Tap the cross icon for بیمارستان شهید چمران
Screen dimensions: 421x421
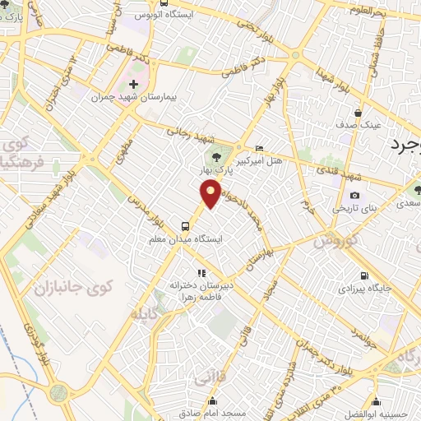[x=134, y=85]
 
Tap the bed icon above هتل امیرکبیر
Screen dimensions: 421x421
[x=260, y=148]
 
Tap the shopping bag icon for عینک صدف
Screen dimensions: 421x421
[x=358, y=113]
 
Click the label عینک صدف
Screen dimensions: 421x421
[x=357, y=126]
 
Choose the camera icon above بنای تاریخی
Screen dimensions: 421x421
[x=354, y=196]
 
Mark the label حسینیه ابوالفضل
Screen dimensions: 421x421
[x=377, y=414]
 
